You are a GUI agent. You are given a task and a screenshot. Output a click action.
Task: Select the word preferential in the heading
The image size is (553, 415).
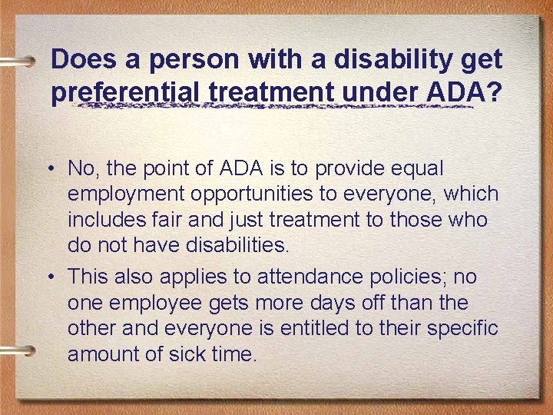tap(126, 92)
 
